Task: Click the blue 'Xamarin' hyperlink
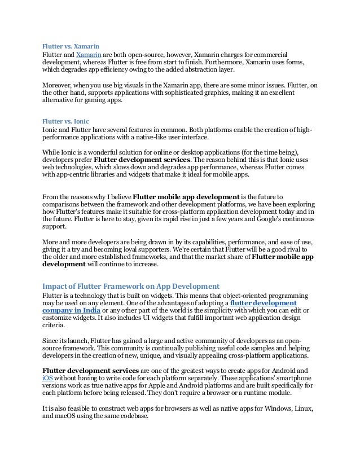tap(87, 54)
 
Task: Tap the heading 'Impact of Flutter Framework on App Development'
tap(131, 285)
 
